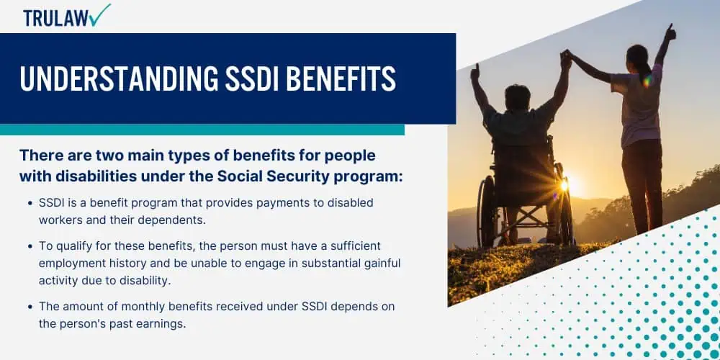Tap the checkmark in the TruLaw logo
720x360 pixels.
click(101, 14)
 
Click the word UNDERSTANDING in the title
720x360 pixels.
click(119, 78)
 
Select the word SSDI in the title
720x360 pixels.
click(253, 78)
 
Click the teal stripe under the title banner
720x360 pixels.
click(202, 130)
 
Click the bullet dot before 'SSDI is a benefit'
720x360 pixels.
click(30, 203)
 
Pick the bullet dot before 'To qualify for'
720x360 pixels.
click(30, 246)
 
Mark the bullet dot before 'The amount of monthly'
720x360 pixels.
click(30, 306)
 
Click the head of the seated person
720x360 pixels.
click(518, 97)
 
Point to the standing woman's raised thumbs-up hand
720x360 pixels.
click(670, 32)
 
